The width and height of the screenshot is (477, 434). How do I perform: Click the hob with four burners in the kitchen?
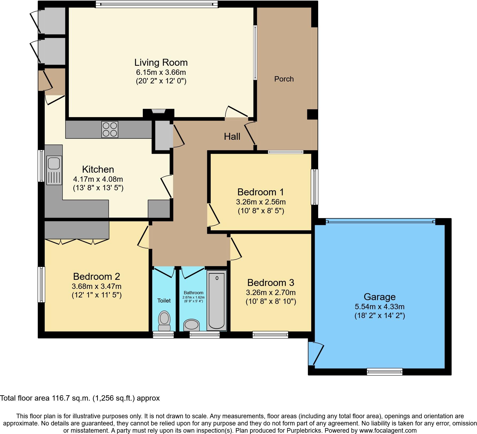pyautogui.click(x=110, y=130)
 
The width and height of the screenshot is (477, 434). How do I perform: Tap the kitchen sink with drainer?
pyautogui.click(x=54, y=170)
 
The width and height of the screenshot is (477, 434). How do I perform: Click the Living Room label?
pyautogui.click(x=161, y=63)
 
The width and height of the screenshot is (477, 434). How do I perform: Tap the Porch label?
pyautogui.click(x=284, y=79)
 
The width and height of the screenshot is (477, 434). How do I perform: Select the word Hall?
pyautogui.click(x=232, y=137)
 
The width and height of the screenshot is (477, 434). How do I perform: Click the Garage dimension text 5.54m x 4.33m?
pyautogui.click(x=380, y=307)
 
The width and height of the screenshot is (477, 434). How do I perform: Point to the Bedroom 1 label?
pyautogui.click(x=260, y=192)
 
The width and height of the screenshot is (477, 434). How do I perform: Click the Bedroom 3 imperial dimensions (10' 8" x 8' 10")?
pyautogui.click(x=271, y=301)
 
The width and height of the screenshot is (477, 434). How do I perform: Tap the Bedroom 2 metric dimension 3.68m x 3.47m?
pyautogui.click(x=97, y=286)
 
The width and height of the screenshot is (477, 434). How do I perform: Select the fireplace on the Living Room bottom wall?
pyautogui.click(x=159, y=111)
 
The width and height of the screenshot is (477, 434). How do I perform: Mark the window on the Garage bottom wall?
pyautogui.click(x=384, y=371)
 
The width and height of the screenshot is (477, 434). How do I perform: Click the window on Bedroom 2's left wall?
pyautogui.click(x=41, y=284)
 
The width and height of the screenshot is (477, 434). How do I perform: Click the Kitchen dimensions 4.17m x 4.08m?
pyautogui.click(x=98, y=179)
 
